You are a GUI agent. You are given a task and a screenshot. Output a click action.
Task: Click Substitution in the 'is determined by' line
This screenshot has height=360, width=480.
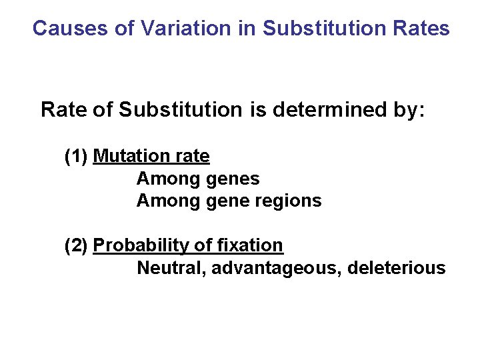tap(180, 110)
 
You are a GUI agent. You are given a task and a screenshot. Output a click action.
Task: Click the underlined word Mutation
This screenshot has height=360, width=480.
tap(131, 157)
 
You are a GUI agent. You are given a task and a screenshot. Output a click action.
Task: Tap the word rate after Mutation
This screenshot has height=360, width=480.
tap(192, 157)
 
